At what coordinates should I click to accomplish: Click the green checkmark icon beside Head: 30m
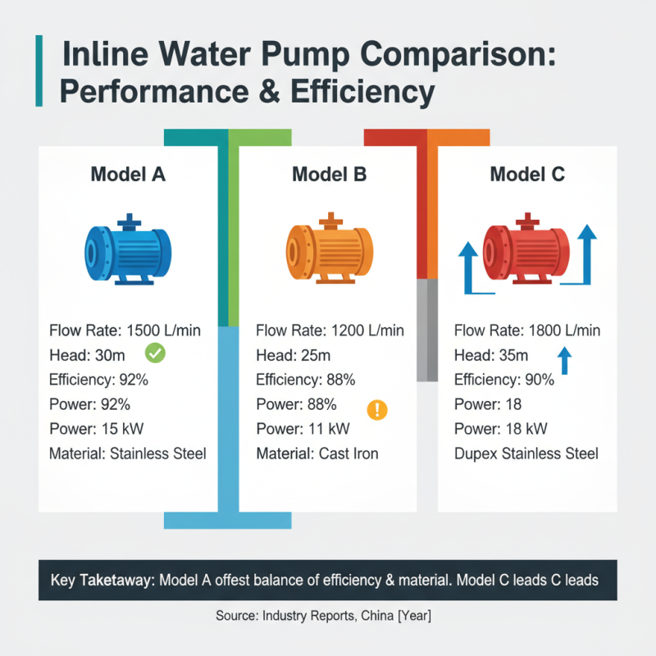[155, 353]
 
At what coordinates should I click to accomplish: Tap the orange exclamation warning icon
[378, 409]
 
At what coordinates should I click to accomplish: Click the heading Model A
[127, 174]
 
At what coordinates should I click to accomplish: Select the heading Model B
[329, 174]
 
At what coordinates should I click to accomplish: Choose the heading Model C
[527, 174]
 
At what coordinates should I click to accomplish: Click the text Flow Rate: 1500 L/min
[125, 331]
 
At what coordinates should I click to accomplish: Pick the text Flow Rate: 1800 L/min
[527, 331]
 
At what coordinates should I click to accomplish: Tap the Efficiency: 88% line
[305, 380]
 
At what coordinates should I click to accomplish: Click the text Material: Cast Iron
[317, 453]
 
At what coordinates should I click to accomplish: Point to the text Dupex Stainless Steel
[526, 453]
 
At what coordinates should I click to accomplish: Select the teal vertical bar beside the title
[39, 71]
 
